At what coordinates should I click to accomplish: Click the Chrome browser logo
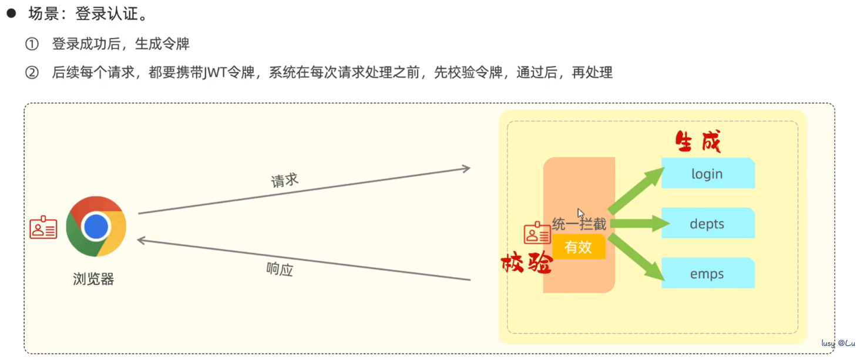96,226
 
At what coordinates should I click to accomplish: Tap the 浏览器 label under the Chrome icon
93,278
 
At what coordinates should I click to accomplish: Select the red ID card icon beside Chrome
43,228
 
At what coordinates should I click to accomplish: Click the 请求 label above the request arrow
285,181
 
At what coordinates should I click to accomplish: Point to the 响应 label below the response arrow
280,270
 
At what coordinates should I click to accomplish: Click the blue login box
707,174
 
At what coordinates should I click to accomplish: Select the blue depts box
707,224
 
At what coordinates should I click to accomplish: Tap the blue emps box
707,274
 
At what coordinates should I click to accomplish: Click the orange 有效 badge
578,247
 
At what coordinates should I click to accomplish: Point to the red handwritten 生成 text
698,142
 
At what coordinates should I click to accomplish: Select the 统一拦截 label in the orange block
579,224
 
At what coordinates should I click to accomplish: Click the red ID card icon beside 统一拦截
537,233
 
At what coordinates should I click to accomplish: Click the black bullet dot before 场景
11,14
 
